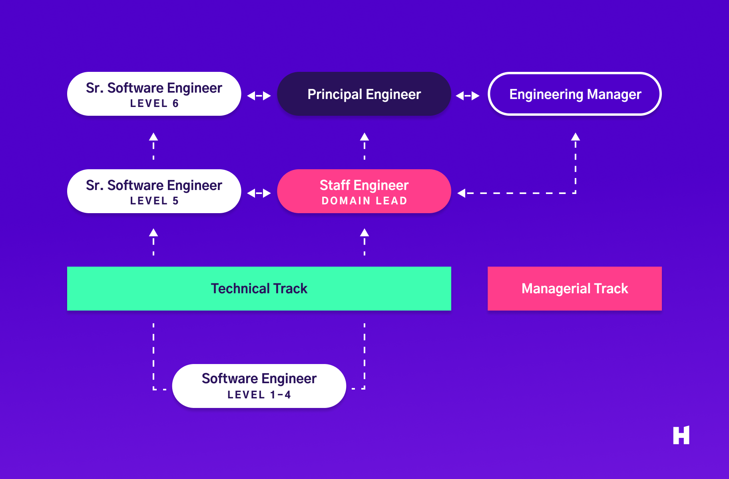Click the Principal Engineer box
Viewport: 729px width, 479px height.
tap(364, 94)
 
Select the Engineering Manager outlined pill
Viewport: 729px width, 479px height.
tap(575, 94)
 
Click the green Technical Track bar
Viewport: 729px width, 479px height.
tap(259, 288)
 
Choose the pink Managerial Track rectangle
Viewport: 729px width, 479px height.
tap(575, 288)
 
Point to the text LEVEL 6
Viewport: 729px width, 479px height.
tap(154, 103)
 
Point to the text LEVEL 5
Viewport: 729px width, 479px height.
tap(154, 201)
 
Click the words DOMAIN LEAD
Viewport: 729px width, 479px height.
tap(364, 201)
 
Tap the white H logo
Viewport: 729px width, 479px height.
tap(681, 435)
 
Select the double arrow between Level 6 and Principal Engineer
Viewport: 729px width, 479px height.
tap(259, 96)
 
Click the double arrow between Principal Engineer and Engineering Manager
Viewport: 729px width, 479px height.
tap(468, 96)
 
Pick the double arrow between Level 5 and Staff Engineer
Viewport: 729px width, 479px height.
tap(259, 193)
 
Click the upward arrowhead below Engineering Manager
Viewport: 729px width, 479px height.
tap(576, 137)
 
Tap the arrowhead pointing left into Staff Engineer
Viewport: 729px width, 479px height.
tap(462, 193)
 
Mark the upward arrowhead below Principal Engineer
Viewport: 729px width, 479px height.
tap(364, 137)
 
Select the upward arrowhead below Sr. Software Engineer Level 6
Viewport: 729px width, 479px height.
tap(153, 137)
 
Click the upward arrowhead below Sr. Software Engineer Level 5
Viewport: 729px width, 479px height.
tap(153, 233)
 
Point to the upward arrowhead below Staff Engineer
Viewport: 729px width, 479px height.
tap(364, 233)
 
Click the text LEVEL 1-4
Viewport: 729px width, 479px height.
tap(259, 395)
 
